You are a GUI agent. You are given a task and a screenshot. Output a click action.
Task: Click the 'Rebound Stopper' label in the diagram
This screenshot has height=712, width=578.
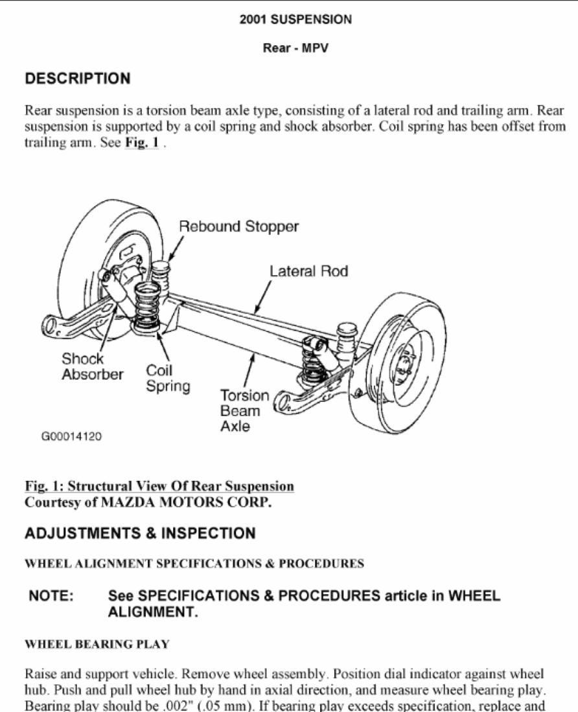click(x=238, y=227)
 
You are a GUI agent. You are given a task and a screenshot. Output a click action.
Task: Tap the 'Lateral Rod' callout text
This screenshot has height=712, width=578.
click(x=308, y=272)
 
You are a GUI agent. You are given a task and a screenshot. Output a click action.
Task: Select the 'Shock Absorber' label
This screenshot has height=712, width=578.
click(x=92, y=366)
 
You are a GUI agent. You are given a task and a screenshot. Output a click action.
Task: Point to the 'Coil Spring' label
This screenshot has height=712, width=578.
click(x=168, y=378)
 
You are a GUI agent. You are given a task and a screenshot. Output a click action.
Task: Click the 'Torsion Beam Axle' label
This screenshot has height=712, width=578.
click(x=244, y=410)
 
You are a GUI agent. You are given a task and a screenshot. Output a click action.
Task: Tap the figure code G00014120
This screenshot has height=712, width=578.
click(x=71, y=436)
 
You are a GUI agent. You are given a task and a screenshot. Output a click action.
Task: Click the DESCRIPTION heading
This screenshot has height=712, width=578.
click(x=78, y=78)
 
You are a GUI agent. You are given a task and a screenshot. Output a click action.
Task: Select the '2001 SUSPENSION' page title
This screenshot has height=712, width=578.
click(x=296, y=19)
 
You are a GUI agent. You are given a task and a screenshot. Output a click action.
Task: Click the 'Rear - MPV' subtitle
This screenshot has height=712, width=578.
click(x=295, y=48)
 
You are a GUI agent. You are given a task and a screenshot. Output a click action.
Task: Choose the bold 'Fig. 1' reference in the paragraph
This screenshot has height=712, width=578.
click(x=142, y=142)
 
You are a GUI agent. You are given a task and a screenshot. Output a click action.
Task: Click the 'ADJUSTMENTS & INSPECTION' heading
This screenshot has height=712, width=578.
click(x=140, y=533)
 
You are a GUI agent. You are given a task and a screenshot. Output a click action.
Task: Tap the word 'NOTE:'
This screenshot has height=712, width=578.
click(x=51, y=595)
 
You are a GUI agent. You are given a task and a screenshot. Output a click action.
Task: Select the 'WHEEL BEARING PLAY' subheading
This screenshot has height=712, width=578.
click(x=97, y=644)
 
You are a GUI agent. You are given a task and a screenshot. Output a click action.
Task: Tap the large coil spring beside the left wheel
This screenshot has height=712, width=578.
click(x=147, y=305)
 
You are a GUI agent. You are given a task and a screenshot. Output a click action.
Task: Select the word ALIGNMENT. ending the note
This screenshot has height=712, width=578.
click(x=153, y=612)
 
